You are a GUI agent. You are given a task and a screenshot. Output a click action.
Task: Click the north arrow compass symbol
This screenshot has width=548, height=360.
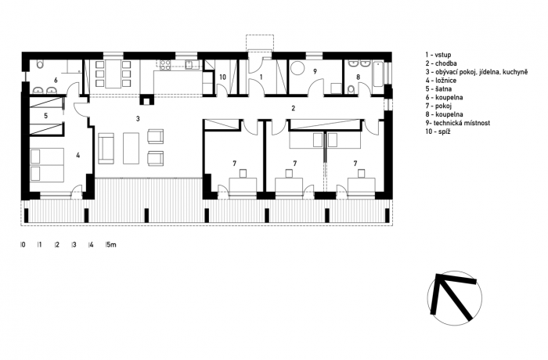click(455, 298)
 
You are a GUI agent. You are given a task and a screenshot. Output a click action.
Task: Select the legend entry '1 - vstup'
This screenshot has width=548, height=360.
click(438, 55)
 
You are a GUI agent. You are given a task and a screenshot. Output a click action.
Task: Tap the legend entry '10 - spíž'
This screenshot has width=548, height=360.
click(438, 131)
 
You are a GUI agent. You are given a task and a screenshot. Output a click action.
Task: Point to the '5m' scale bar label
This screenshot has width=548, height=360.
click(111, 245)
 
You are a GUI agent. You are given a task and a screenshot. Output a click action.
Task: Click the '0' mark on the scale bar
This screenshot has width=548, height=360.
click(23, 245)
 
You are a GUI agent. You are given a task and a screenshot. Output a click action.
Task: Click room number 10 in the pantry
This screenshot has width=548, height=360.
click(222, 77)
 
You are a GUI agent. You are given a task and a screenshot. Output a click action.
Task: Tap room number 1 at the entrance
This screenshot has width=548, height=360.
click(261, 77)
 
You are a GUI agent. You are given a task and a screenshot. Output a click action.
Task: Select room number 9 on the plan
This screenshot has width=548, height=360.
click(315, 72)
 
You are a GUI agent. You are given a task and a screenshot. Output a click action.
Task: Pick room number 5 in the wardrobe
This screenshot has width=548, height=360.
click(45, 115)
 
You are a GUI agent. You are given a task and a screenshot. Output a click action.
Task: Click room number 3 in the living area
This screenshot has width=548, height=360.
click(138, 119)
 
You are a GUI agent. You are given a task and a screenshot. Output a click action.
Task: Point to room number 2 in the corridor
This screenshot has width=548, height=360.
click(294, 108)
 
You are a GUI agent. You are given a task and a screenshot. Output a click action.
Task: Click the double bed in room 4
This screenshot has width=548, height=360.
click(47, 165)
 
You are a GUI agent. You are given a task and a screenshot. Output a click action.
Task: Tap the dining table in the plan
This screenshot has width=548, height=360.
click(113, 74)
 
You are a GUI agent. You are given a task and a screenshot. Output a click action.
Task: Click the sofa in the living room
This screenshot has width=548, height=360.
click(106, 148)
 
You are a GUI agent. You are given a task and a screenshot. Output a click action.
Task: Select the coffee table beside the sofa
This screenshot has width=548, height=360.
click(131, 148)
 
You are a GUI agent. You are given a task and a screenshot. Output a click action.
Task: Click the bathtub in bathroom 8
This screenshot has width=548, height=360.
click(378, 74)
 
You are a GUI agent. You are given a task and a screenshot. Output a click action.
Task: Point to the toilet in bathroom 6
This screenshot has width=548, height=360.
click(39, 64)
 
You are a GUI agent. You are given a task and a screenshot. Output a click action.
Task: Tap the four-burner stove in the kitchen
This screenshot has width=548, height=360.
click(165, 66)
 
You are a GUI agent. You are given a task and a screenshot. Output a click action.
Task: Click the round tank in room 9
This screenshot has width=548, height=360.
click(298, 69)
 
